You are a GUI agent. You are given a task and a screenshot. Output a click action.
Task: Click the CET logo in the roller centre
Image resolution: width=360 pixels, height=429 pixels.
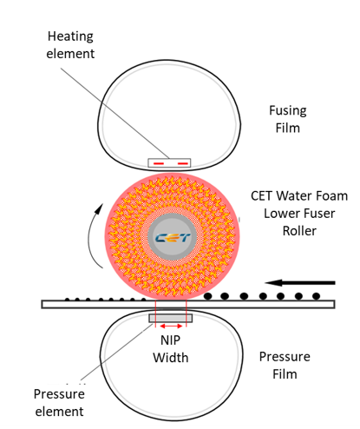tap(173, 238)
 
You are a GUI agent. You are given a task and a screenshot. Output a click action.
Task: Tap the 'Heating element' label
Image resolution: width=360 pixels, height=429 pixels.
tap(70, 45)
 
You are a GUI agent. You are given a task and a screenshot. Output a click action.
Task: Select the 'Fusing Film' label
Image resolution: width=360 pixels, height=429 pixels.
tap(288, 119)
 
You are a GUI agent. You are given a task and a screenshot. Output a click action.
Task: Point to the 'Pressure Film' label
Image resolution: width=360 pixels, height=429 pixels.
tap(285, 366)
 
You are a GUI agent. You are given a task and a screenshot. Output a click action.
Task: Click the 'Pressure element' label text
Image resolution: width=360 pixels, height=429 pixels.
tap(59, 403)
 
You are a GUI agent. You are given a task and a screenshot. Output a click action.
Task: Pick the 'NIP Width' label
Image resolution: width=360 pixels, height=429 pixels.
tap(171, 349)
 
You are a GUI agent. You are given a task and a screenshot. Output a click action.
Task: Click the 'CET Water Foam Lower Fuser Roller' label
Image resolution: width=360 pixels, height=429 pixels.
tap(299, 214)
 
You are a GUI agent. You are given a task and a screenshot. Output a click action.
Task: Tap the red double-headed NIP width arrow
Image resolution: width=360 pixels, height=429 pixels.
tap(171, 327)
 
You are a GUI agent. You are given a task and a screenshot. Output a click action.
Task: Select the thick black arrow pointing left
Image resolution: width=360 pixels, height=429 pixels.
tap(300, 282)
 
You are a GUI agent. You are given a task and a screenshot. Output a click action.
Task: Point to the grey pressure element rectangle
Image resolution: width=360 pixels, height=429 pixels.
tap(171, 318)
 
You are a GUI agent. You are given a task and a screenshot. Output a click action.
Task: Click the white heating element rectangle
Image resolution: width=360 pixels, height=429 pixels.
tap(169, 162)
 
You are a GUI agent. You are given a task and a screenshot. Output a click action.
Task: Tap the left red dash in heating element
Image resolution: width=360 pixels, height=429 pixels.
tap(159, 164)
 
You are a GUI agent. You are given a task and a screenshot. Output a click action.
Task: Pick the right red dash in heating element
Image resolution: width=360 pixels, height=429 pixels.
tap(183, 164)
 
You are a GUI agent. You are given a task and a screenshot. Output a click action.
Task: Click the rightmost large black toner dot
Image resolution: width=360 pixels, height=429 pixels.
tap(317, 296)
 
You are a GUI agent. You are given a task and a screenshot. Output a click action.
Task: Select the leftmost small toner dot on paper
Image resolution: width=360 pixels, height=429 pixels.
tap(67, 300)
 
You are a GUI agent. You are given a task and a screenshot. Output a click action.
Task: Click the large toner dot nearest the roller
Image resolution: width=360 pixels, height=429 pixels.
tap(208, 296)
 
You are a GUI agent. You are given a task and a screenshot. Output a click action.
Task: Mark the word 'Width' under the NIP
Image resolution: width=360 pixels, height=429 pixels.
tap(171, 358)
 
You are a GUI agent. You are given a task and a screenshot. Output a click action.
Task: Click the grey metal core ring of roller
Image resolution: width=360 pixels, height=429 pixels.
tap(173, 216)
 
